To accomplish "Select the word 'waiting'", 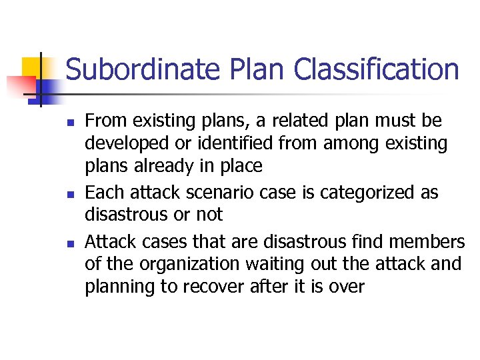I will point(271,264).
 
